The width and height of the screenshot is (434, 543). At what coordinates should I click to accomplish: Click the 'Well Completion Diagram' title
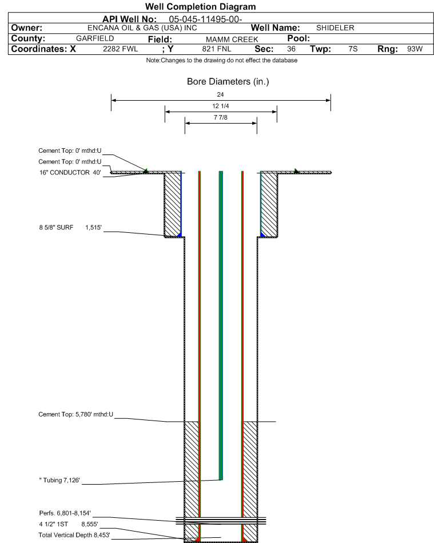(200, 6)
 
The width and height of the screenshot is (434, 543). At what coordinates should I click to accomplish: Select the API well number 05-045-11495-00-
(205, 19)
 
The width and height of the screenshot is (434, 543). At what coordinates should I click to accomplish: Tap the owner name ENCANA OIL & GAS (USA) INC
(142, 28)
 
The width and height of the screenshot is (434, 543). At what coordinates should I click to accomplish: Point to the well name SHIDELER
(335, 27)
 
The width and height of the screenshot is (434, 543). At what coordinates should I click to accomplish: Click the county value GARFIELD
(95, 38)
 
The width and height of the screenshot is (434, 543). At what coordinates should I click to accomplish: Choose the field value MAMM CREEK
(232, 39)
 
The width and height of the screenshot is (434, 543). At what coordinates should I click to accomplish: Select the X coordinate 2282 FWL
(120, 49)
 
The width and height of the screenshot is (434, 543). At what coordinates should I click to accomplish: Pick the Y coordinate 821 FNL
(217, 49)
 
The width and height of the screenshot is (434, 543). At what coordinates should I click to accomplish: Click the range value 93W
(415, 49)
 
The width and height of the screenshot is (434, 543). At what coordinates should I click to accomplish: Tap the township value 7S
(353, 49)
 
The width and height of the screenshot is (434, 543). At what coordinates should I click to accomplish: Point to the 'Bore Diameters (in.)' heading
(228, 82)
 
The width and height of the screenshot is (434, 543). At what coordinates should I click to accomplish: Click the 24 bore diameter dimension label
(221, 94)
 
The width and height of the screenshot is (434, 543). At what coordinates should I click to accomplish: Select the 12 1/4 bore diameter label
(221, 106)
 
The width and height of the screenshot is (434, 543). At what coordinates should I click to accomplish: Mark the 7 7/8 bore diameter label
(221, 117)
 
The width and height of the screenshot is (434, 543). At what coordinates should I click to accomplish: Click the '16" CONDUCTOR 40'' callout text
(70, 172)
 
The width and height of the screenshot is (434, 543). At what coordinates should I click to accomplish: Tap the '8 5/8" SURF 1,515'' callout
(70, 228)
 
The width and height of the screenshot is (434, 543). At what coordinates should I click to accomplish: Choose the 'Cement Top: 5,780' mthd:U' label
(76, 414)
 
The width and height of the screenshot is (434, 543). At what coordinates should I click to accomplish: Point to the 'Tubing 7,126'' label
(59, 480)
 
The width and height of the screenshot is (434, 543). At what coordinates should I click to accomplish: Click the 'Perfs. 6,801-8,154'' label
(65, 513)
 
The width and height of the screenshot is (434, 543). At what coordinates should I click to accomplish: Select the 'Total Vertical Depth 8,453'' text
(74, 535)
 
